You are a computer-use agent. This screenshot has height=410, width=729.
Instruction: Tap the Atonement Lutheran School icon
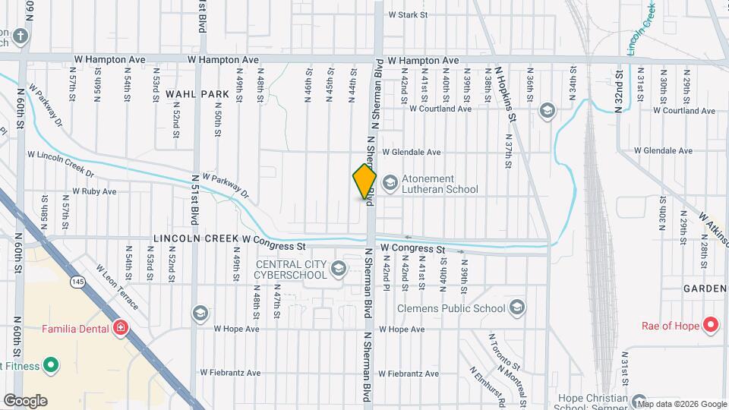(x=390, y=182)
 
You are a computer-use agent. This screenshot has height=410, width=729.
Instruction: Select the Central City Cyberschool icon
(x=339, y=268)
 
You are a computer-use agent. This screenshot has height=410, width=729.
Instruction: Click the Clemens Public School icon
(x=517, y=307)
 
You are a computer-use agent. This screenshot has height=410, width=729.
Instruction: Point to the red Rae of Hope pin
(x=711, y=326)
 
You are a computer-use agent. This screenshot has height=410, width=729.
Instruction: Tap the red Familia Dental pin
(x=120, y=328)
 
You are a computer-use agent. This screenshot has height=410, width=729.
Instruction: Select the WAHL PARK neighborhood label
(x=197, y=95)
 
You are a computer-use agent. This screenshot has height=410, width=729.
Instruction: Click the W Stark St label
(x=408, y=14)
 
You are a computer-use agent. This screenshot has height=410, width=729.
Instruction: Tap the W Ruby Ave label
(x=94, y=192)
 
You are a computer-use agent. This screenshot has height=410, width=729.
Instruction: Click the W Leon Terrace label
(x=117, y=286)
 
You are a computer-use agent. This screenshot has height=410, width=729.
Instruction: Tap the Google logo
(x=24, y=401)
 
